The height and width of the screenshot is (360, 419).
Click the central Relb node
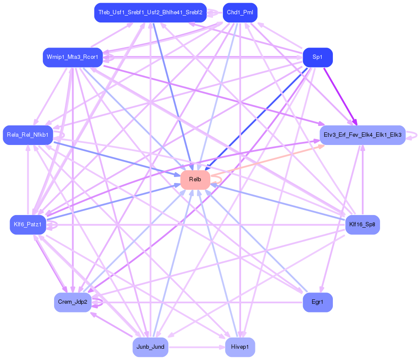pyautogui.click(x=195, y=180)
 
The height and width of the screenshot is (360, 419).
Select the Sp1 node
pyautogui.click(x=317, y=58)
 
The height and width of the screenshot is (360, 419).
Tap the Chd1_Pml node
pyautogui.click(x=240, y=13)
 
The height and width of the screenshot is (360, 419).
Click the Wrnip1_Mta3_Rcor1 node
pyautogui.click(x=72, y=58)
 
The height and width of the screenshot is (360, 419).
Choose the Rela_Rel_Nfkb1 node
pyautogui.click(x=28, y=135)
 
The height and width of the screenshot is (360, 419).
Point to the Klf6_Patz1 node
pyautogui.click(x=28, y=225)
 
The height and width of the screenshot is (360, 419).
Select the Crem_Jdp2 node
pyautogui.click(x=72, y=302)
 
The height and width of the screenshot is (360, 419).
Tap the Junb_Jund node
pyautogui.click(x=150, y=347)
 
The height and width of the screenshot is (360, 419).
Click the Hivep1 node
pyautogui.click(x=240, y=347)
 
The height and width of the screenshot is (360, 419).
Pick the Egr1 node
pyautogui.click(x=317, y=302)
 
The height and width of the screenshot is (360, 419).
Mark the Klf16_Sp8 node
pyautogui.click(x=362, y=225)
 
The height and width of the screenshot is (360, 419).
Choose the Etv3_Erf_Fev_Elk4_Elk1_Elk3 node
pyautogui.click(x=362, y=135)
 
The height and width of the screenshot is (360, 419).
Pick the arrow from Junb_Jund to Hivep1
pyautogui.click(x=195, y=347)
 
